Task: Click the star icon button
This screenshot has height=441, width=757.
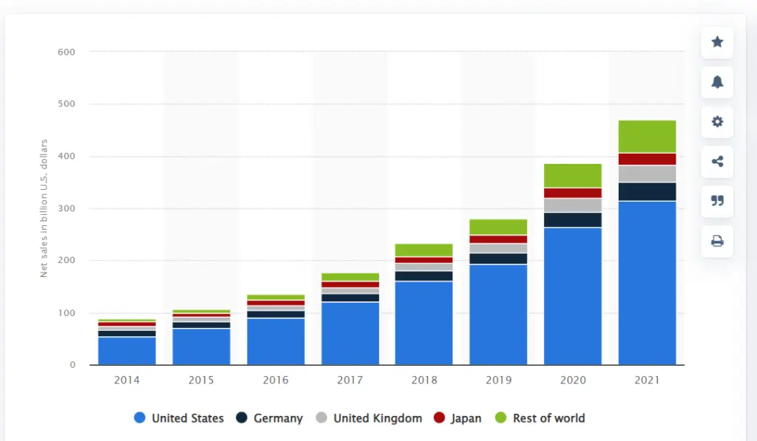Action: (716, 42)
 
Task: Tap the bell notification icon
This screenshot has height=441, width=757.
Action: (716, 82)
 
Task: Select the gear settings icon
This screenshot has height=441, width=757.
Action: (716, 122)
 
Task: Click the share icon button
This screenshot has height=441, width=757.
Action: (716, 162)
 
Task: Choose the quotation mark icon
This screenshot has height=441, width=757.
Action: (716, 201)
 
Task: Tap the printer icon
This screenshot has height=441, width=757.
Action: (716, 241)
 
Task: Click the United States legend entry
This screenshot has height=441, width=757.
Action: (179, 418)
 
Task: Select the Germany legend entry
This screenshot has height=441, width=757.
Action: (270, 418)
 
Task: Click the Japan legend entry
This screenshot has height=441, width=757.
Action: (458, 418)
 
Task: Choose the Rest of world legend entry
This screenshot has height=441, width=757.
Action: (540, 418)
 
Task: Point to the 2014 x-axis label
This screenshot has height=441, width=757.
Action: (126, 380)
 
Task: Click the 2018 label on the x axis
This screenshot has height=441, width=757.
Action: (424, 380)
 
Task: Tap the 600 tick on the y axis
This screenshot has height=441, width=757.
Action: (67, 52)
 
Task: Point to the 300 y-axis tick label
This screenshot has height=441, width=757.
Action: (67, 209)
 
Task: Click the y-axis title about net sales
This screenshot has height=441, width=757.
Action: (44, 208)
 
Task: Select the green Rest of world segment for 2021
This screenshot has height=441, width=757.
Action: (647, 137)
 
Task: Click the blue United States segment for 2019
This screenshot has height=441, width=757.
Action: (498, 314)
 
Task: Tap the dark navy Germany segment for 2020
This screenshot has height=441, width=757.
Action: (573, 219)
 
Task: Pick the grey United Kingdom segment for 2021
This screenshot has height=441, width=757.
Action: (647, 174)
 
